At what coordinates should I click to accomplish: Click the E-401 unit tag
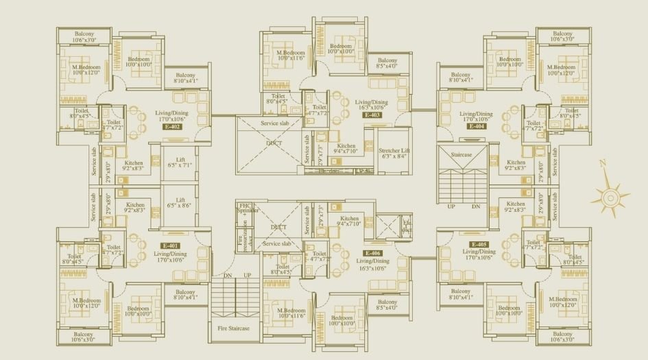click(x=171, y=245)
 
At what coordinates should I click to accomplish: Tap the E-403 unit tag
click(x=372, y=115)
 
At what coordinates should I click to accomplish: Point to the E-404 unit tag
click(x=476, y=127)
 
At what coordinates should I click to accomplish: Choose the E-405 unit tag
click(x=479, y=244)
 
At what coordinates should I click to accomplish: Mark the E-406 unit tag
click(x=373, y=253)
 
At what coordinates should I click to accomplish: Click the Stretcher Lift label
click(x=395, y=152)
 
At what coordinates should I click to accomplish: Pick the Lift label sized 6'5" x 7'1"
click(x=180, y=161)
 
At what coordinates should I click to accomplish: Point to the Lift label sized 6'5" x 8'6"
click(x=180, y=202)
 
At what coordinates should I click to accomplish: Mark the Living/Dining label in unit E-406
click(x=372, y=265)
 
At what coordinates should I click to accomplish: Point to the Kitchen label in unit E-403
click(x=347, y=149)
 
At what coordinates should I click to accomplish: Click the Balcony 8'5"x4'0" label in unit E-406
click(x=387, y=305)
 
